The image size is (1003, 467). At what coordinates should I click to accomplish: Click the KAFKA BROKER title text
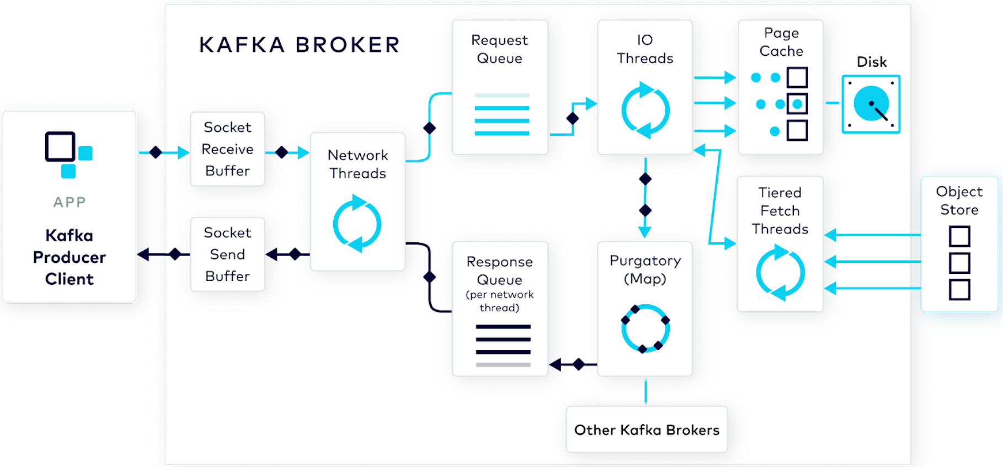pyautogui.click(x=300, y=45)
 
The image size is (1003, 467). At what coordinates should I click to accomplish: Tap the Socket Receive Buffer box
pyautogui.click(x=227, y=149)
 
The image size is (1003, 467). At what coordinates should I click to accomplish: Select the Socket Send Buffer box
pyautogui.click(x=227, y=254)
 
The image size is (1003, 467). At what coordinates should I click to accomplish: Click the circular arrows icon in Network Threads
pyautogui.click(x=358, y=224)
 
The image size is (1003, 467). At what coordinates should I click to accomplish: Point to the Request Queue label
pyautogui.click(x=499, y=49)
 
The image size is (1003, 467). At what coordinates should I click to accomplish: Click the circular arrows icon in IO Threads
pyautogui.click(x=645, y=110)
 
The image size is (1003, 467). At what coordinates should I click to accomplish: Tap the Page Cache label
pyautogui.click(x=781, y=42)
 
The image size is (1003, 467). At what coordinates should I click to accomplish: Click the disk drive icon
pyautogui.click(x=871, y=104)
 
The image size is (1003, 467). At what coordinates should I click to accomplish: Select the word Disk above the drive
pyautogui.click(x=872, y=62)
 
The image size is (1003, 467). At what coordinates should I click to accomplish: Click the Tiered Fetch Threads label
pyautogui.click(x=780, y=211)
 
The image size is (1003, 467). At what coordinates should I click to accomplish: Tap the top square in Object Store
pyautogui.click(x=959, y=236)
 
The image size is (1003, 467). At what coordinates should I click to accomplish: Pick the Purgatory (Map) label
pyautogui.click(x=645, y=269)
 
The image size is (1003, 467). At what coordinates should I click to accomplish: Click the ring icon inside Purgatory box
pyautogui.click(x=645, y=329)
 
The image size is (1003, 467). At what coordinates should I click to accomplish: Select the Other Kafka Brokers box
pyautogui.click(x=647, y=429)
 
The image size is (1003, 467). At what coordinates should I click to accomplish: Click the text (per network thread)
pyautogui.click(x=499, y=301)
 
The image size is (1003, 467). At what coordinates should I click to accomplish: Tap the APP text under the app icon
pyautogui.click(x=70, y=202)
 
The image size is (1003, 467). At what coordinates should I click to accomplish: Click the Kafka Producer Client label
pyautogui.click(x=70, y=257)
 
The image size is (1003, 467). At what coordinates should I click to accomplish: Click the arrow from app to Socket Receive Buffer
pyautogui.click(x=164, y=152)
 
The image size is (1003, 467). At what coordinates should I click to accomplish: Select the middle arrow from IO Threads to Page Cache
pyautogui.click(x=714, y=103)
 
